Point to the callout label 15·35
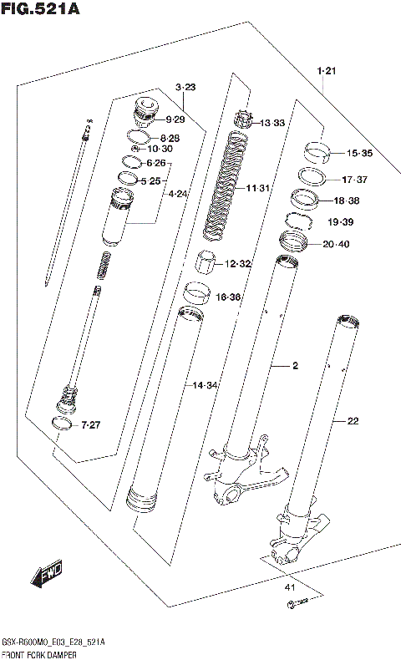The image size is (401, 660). [359, 154]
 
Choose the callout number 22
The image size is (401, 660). [352, 421]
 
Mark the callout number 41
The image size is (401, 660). [291, 590]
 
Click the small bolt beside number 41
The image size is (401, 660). [301, 602]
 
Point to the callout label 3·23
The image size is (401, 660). [185, 87]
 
